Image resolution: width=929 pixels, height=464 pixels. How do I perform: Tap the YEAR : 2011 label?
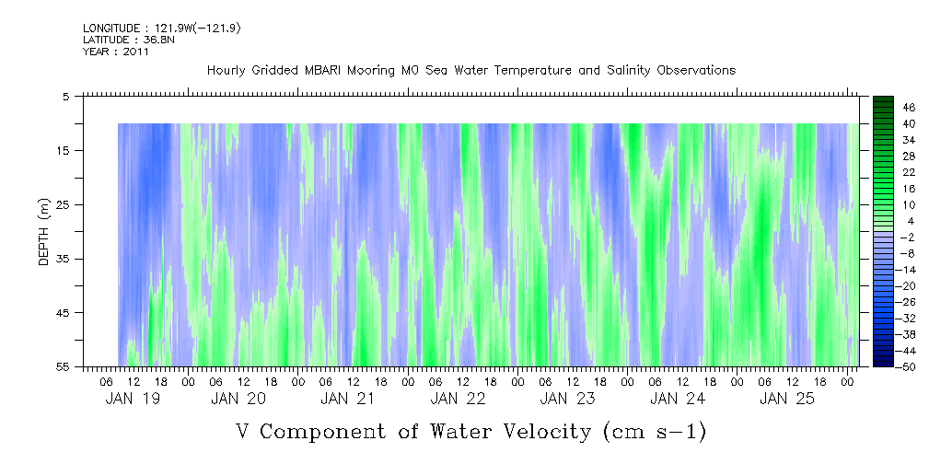[x=116, y=52]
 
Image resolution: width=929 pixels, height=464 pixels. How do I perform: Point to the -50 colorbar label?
[x=909, y=366]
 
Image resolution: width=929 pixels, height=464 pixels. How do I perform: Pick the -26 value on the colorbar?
[x=909, y=301]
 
